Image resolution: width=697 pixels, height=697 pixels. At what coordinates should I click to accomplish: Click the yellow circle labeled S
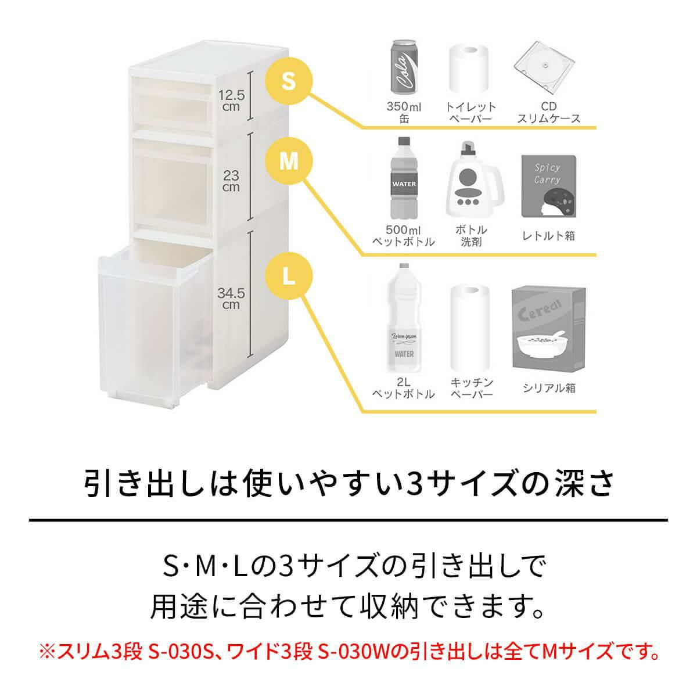point(289,81)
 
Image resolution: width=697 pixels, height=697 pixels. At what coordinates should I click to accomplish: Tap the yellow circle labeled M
point(289,161)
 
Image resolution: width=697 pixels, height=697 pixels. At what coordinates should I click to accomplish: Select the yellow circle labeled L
point(289,276)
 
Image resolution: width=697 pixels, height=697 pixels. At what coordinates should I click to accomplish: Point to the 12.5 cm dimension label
point(232,101)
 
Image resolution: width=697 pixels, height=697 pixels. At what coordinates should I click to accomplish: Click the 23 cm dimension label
point(231,181)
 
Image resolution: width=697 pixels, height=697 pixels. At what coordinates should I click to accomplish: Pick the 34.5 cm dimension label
point(231,299)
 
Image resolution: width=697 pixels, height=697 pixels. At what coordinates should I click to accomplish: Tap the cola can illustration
point(404,67)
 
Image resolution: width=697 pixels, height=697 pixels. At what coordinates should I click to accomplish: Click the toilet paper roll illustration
point(469,69)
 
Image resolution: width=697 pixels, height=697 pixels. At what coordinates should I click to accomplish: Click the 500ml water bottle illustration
point(404,178)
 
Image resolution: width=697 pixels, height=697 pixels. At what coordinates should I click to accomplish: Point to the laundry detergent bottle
point(474,179)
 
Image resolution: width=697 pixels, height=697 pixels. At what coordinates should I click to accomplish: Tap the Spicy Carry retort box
point(548,186)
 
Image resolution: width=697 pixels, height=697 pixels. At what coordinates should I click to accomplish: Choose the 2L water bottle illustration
point(404,318)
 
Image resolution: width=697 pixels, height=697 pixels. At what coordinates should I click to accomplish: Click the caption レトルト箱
point(548,236)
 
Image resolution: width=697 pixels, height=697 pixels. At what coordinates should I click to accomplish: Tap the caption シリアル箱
point(549,388)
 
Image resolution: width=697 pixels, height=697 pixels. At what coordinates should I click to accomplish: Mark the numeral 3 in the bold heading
point(415,484)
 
